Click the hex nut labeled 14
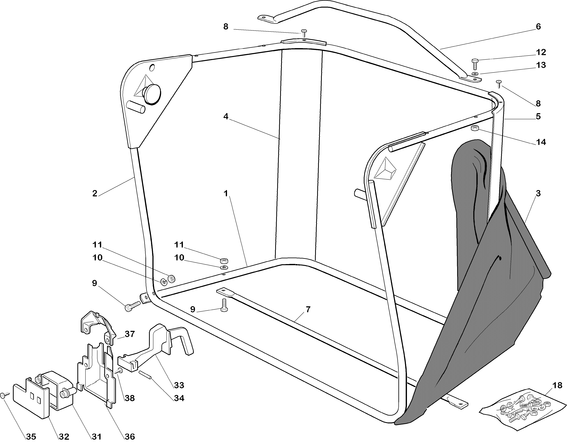475,128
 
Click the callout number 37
130,334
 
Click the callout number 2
95,193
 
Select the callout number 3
538,193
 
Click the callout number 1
226,193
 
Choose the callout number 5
538,116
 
